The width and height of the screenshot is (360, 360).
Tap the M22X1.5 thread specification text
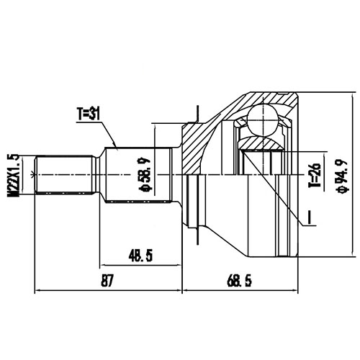(12, 174)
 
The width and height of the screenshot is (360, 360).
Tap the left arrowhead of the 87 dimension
(37, 291)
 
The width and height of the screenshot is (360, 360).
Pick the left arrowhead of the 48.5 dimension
(104, 264)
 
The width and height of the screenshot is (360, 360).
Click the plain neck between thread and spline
(97, 174)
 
